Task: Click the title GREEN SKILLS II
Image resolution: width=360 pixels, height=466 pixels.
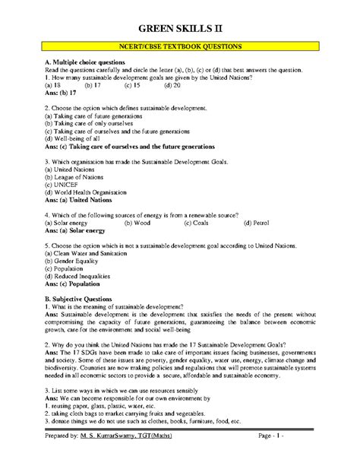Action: (x=179, y=17)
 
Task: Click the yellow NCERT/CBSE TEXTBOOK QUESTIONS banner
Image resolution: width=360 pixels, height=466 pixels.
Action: (x=179, y=46)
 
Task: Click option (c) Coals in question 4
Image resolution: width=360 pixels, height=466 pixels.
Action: (x=197, y=223)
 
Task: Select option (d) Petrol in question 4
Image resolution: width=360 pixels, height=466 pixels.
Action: (x=257, y=223)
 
